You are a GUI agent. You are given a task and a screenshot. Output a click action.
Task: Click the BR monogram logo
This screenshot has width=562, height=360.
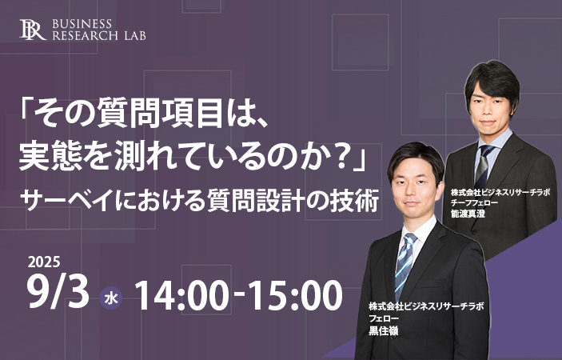[33, 30]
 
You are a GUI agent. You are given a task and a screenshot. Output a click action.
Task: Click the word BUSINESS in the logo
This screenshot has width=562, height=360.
[82, 24]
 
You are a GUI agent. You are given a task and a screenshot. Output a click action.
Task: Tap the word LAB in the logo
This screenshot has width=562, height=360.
[135, 35]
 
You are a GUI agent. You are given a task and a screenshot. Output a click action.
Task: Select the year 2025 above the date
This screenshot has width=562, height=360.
[44, 262]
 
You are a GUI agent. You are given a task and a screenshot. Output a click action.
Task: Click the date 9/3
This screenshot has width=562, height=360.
[58, 294]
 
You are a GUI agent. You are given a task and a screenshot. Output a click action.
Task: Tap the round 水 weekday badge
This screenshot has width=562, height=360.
[111, 298]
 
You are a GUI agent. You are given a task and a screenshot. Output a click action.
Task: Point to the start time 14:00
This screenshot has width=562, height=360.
[181, 295]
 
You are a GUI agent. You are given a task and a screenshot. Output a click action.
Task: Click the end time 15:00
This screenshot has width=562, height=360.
[295, 295]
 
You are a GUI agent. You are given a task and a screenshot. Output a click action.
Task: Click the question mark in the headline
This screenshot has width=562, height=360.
[337, 158]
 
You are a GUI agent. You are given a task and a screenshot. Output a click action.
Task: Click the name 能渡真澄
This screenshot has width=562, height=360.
[468, 214]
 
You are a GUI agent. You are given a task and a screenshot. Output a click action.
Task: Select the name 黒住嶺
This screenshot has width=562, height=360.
[384, 330]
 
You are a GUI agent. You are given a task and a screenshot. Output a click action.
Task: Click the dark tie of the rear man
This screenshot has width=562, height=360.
[484, 166]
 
